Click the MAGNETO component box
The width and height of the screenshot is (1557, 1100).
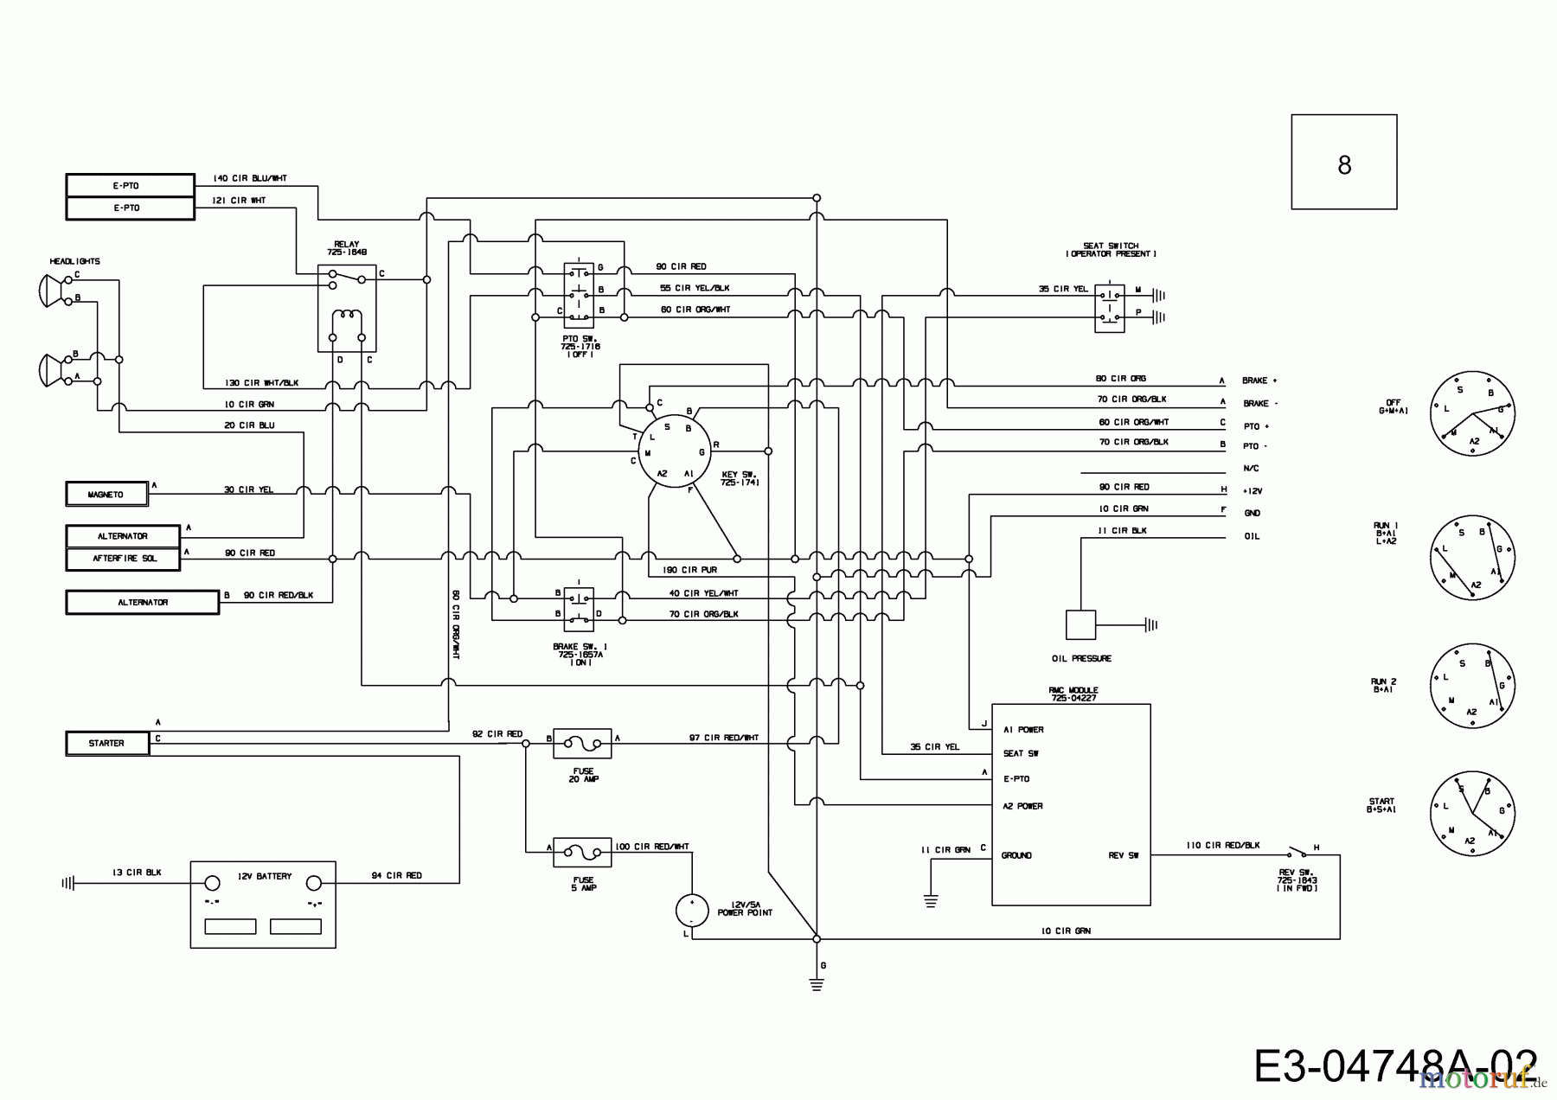pyautogui.click(x=106, y=494)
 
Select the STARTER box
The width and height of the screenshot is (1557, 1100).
pyautogui.click(x=107, y=743)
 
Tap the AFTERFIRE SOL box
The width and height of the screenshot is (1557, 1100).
pyautogui.click(x=124, y=559)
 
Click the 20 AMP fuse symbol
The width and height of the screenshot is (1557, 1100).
pyautogui.click(x=582, y=739)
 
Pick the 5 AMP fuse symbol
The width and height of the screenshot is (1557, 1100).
pyautogui.click(x=582, y=852)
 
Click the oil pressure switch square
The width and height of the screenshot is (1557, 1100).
pyautogui.click(x=1080, y=624)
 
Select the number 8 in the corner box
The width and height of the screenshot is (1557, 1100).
pyautogui.click(x=1343, y=164)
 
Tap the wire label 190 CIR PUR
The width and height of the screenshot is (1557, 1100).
pyautogui.click(x=689, y=571)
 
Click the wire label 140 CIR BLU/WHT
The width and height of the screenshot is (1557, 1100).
pyautogui.click(x=249, y=178)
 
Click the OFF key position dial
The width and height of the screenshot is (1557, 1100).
pyautogui.click(x=1471, y=413)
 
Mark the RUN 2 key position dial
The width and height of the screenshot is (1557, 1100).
pyautogui.click(x=1471, y=687)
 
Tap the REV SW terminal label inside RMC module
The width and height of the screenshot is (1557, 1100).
pyautogui.click(x=1124, y=856)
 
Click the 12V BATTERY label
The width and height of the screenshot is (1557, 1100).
pyautogui.click(x=265, y=876)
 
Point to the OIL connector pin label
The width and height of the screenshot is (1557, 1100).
pyautogui.click(x=1252, y=536)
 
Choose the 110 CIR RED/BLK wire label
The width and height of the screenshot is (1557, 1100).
pyautogui.click(x=1222, y=845)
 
